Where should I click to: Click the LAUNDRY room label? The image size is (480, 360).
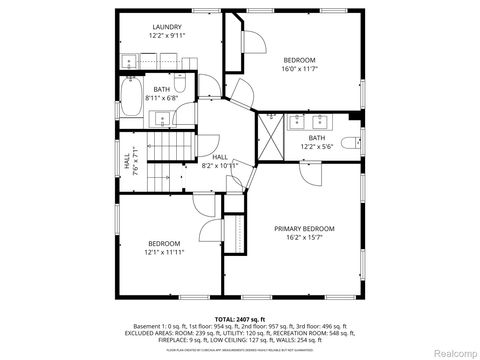[x=167, y=26]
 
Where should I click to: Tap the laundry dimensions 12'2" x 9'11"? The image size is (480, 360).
[x=167, y=35]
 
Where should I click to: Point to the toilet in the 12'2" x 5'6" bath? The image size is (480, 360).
[x=350, y=142]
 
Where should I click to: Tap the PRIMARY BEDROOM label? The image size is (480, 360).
[x=304, y=229]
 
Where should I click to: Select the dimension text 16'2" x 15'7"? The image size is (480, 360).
[x=304, y=238]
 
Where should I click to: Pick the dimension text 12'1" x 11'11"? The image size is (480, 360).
[x=164, y=253]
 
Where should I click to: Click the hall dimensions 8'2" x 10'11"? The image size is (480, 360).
[x=222, y=165]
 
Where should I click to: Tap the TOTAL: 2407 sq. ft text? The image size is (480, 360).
[x=240, y=317]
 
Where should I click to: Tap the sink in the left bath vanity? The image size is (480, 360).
[x=162, y=119]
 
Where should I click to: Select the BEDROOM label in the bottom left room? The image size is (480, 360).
[x=164, y=244]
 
